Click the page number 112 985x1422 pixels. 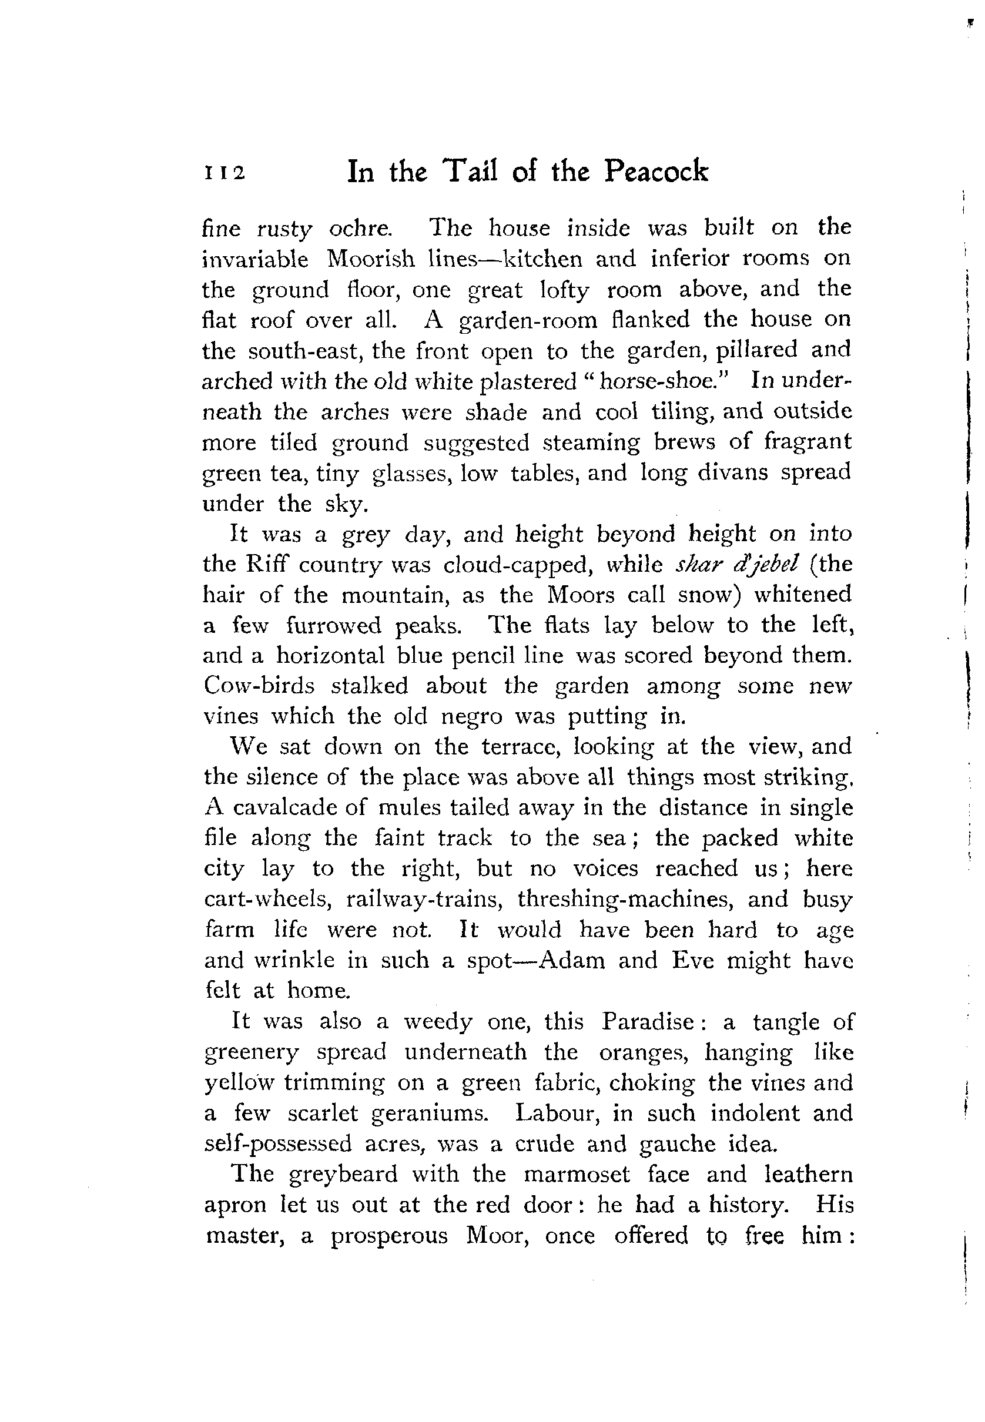[x=224, y=173]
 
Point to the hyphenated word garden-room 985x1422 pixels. [x=529, y=320]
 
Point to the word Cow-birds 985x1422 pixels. [x=259, y=685]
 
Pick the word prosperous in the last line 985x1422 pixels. [x=389, y=1236]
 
